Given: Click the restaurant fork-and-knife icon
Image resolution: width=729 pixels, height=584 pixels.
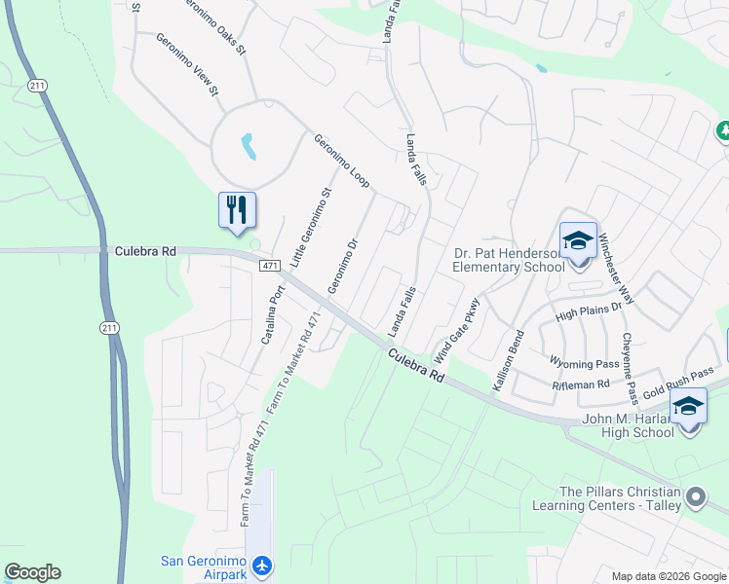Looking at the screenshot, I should coord(237,209).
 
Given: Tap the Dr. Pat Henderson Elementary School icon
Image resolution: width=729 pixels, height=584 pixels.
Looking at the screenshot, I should coord(578,240).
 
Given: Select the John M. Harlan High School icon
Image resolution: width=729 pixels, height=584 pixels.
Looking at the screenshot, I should coord(689,407).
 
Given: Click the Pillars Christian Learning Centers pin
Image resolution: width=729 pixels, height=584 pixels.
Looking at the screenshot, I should coord(696,497).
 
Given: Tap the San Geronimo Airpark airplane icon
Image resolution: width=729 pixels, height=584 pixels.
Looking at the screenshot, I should coord(261,566).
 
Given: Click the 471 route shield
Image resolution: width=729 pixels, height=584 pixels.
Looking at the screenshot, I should coord(271,266).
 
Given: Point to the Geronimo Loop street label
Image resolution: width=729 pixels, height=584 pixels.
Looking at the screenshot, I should coord(341,162).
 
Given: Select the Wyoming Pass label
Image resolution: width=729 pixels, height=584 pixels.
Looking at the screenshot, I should coord(585,364).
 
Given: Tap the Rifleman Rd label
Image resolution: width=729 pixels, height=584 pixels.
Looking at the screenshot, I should coord(581,384).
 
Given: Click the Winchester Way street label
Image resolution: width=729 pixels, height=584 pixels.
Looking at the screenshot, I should coord(616,269).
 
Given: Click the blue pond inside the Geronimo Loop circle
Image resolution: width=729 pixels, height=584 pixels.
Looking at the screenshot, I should coord(249,147).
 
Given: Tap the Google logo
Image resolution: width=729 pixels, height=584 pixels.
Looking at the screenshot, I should coord(32,572).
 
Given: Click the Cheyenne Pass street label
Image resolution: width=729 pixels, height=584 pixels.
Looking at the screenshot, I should coord(631,369).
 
